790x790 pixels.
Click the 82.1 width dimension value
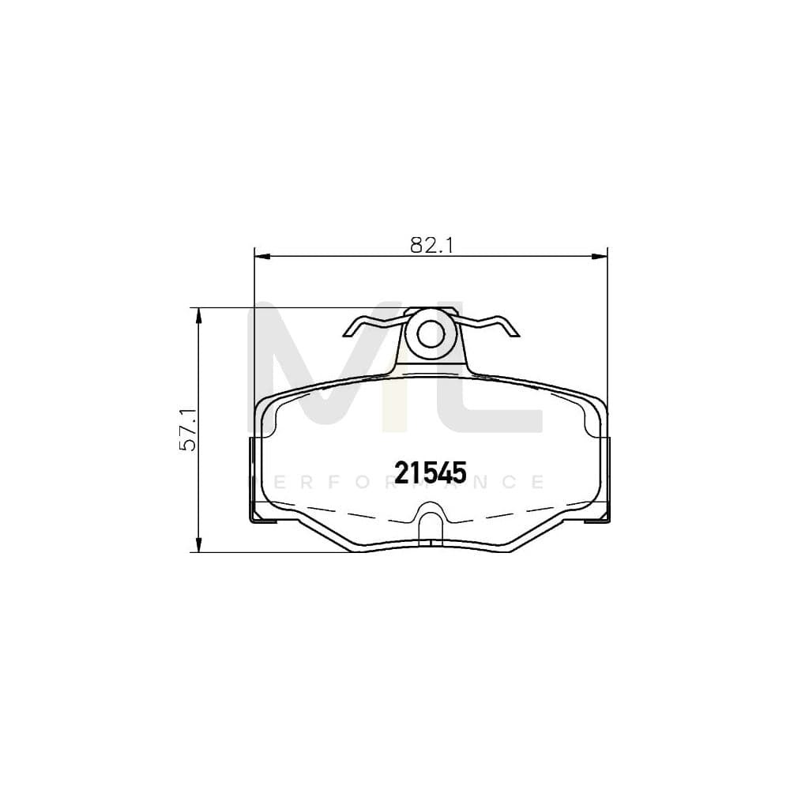pyautogui.click(x=431, y=245)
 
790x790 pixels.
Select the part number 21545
pyautogui.click(x=431, y=472)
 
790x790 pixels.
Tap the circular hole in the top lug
pyautogui.click(x=431, y=336)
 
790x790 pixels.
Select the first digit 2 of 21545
pyautogui.click(x=401, y=472)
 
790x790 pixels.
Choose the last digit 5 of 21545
pyautogui.click(x=460, y=472)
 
